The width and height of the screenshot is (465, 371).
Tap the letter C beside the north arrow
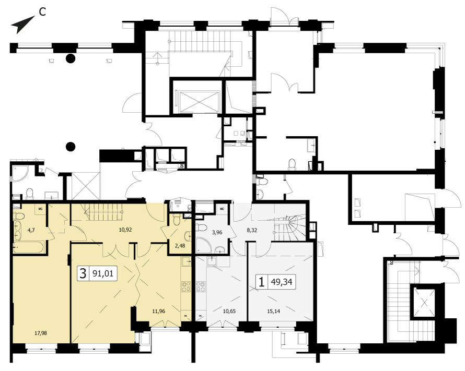pyautogui.click(x=42, y=12)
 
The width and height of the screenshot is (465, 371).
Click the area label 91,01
pyautogui.click(x=103, y=273)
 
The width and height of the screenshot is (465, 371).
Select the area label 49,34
pyautogui.click(x=282, y=282)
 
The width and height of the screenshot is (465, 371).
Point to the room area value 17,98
pyautogui.click(x=41, y=333)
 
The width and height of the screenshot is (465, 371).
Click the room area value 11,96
pyautogui.click(x=159, y=311)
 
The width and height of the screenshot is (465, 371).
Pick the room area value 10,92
pyautogui.click(x=125, y=230)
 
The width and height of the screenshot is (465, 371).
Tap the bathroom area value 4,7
pyautogui.click(x=31, y=230)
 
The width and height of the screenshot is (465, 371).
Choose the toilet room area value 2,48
pyautogui.click(x=180, y=245)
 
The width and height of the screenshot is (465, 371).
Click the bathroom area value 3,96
pyautogui.click(x=217, y=232)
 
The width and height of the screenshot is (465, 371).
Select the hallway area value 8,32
pyautogui.click(x=252, y=230)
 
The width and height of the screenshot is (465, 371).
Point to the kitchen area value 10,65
pyautogui.click(x=229, y=311)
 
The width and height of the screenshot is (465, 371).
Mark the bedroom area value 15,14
pyautogui.click(x=273, y=311)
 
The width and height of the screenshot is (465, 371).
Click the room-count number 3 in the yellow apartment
pyautogui.click(x=83, y=273)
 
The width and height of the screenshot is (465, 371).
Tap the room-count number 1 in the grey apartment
pyautogui.click(x=261, y=282)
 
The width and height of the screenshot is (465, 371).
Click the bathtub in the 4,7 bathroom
pyautogui.click(x=29, y=247)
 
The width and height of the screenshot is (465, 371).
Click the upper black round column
pyautogui.click(x=71, y=58)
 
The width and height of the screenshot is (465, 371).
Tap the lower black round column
pyautogui.click(x=71, y=146)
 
